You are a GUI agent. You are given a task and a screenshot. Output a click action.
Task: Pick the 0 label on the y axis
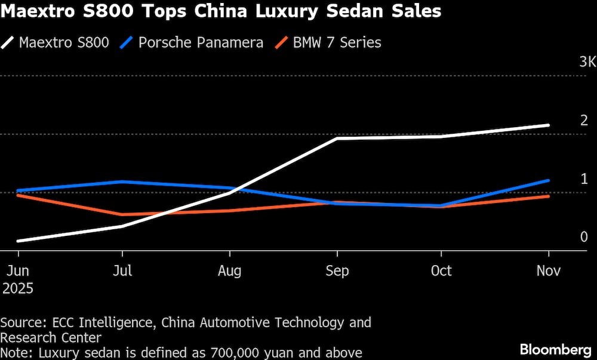click(584, 237)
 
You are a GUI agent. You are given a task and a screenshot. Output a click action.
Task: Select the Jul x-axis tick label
click(122, 270)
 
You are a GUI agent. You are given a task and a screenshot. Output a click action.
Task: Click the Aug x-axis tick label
click(229, 270)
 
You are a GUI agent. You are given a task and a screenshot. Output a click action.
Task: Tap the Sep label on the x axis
click(337, 270)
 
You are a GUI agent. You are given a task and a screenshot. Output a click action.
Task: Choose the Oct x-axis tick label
click(441, 270)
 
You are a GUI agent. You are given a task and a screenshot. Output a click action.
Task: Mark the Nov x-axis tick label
click(548, 270)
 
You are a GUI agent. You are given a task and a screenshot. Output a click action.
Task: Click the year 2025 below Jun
click(17, 289)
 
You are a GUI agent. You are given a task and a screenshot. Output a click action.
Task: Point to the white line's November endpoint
click(548, 125)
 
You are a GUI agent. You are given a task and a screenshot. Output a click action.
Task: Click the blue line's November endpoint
click(548, 180)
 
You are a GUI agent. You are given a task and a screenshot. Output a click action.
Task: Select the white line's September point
click(337, 139)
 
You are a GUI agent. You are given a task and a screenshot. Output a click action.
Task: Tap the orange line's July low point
click(122, 214)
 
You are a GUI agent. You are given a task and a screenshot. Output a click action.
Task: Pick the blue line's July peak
click(122, 181)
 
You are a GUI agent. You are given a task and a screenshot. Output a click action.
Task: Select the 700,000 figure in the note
click(235, 353)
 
